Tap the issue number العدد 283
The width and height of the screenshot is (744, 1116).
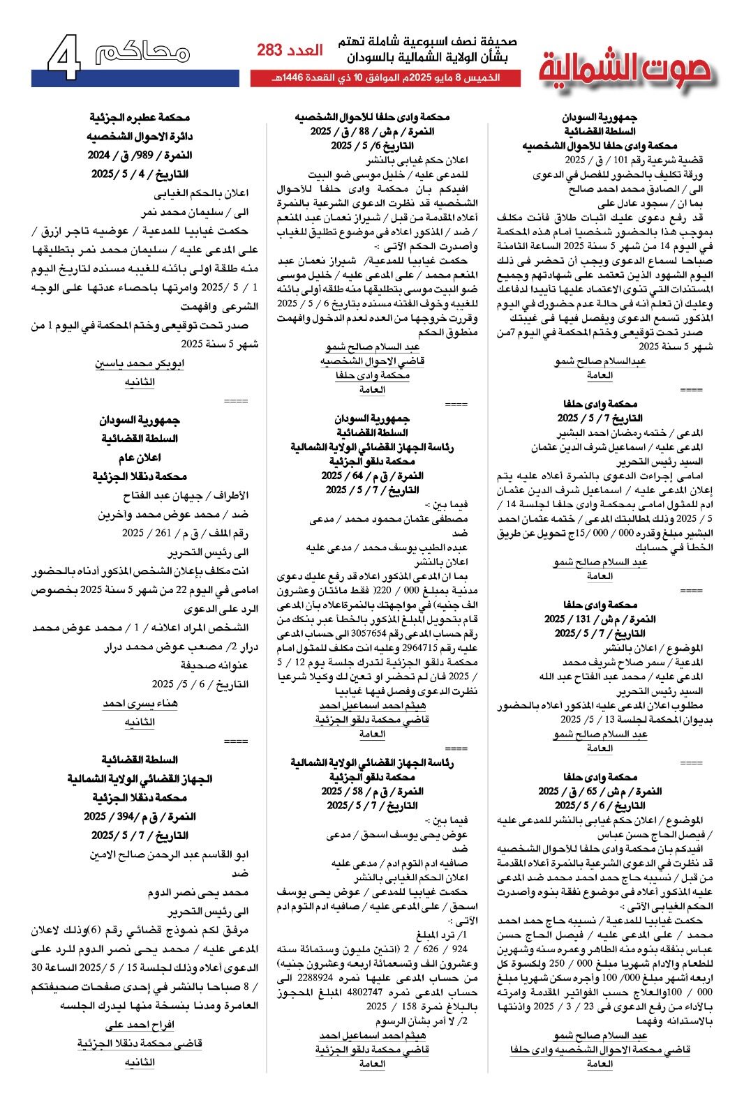tap(290, 50)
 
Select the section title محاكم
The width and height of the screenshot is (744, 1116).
tap(143, 53)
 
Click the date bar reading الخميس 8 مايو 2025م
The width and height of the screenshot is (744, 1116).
tap(385, 77)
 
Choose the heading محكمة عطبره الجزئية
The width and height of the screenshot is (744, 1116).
tap(140, 118)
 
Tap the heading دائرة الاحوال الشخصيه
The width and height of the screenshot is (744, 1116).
tap(140, 137)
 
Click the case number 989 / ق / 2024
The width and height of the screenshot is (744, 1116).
tap(140, 155)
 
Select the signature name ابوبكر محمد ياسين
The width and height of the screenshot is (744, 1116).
tap(140, 363)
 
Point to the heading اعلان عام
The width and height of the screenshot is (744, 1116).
tap(140, 458)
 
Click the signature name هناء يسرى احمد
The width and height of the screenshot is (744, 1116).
tap(140, 704)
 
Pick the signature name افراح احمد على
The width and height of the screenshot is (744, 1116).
tap(140, 1025)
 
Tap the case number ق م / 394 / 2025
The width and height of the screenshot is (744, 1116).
tap(140, 816)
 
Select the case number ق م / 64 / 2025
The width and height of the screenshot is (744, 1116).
tap(372, 476)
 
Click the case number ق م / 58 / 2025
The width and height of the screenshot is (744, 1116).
tap(372, 792)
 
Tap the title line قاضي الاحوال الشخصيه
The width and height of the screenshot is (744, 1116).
tap(372, 361)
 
